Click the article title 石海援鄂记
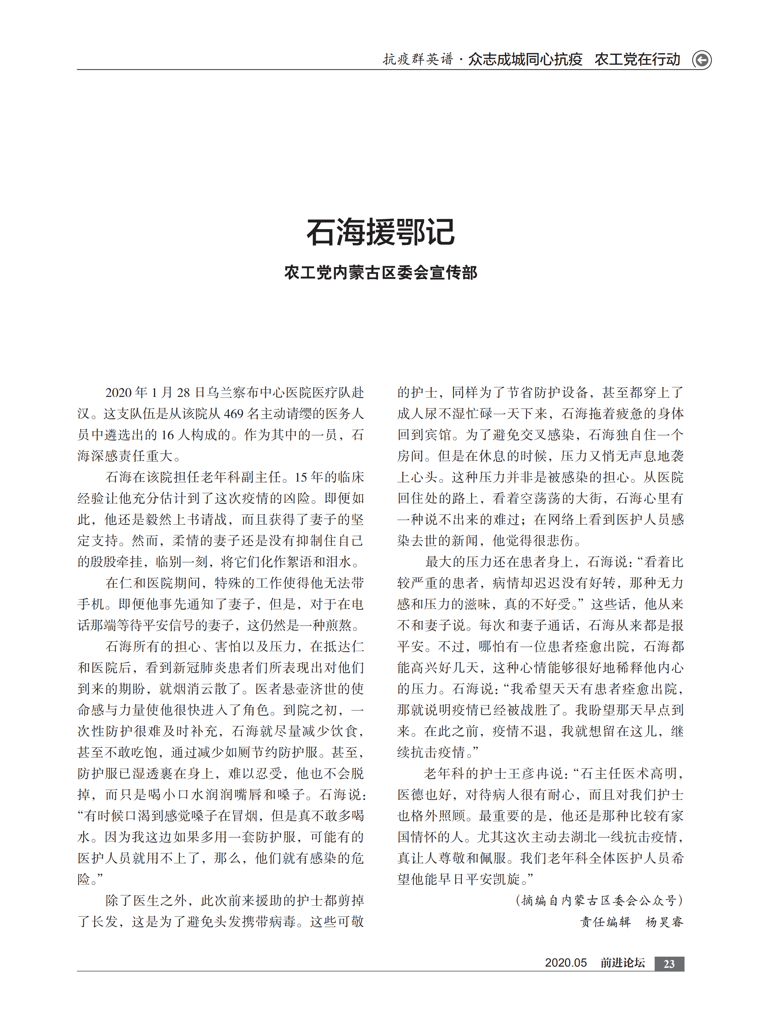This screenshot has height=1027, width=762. [381, 232]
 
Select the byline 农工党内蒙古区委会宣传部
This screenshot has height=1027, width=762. [381, 273]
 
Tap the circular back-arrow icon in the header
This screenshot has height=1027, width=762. [702, 60]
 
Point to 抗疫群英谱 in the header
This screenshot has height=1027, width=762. [418, 59]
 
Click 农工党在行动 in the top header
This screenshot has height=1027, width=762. [637, 59]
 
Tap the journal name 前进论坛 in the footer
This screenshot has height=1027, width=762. [622, 963]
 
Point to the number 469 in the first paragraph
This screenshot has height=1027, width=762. [233, 414]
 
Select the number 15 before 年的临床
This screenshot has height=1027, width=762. [301, 477]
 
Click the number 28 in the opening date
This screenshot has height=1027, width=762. [183, 393]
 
